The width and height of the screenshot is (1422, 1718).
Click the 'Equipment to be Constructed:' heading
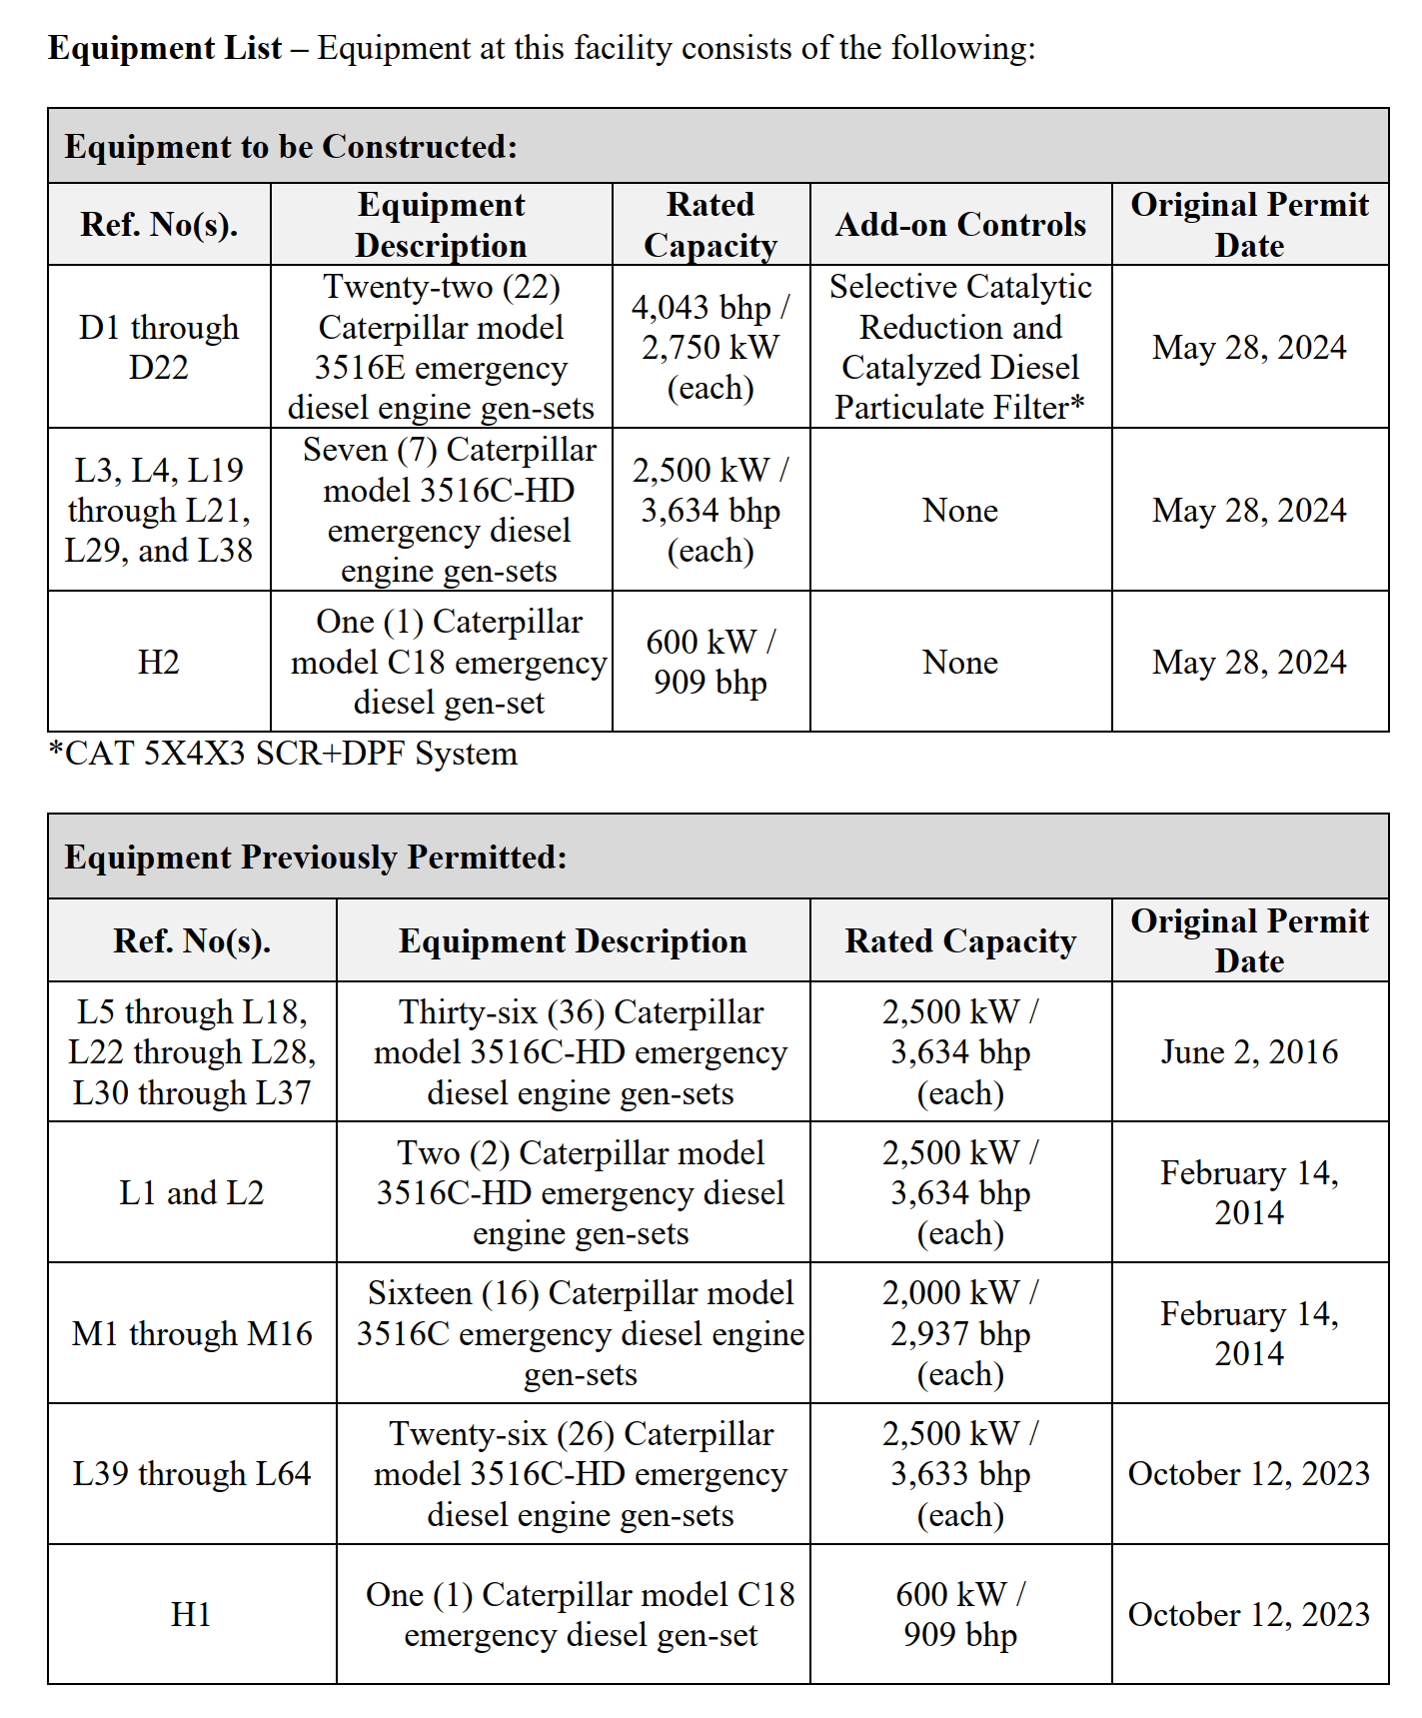click(x=291, y=147)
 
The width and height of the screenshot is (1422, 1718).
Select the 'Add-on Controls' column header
click(x=959, y=225)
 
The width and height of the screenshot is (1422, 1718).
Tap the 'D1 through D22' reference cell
click(x=159, y=347)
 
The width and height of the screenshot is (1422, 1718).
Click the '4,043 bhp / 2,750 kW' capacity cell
click(x=710, y=347)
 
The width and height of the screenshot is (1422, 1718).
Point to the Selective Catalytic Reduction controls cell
click(x=959, y=347)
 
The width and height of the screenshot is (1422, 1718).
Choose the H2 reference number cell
click(x=159, y=662)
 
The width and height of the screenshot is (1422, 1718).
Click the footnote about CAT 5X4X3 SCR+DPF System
click(x=283, y=754)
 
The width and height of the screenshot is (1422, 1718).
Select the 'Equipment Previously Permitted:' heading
click(x=316, y=858)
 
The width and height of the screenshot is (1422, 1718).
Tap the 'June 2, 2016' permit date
click(x=1248, y=1051)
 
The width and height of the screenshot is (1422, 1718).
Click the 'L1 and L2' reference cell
click(x=192, y=1192)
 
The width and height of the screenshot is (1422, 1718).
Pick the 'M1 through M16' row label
click(x=192, y=1333)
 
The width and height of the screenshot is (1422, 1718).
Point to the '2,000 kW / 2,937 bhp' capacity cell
click(x=959, y=1333)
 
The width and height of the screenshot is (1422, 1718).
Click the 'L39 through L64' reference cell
click(x=192, y=1474)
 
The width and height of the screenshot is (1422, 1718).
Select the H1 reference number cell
click(x=192, y=1614)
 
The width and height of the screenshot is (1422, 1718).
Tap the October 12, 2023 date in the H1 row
click(x=1248, y=1614)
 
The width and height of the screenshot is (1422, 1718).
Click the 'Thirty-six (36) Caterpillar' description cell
click(x=580, y=1051)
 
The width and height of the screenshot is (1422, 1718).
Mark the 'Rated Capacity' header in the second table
click(x=959, y=941)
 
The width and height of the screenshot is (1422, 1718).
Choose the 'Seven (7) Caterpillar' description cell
click(x=449, y=510)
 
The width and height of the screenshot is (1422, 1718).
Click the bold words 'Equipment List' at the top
click(x=165, y=48)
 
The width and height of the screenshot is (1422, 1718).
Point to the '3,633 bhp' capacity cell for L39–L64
click(x=959, y=1474)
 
